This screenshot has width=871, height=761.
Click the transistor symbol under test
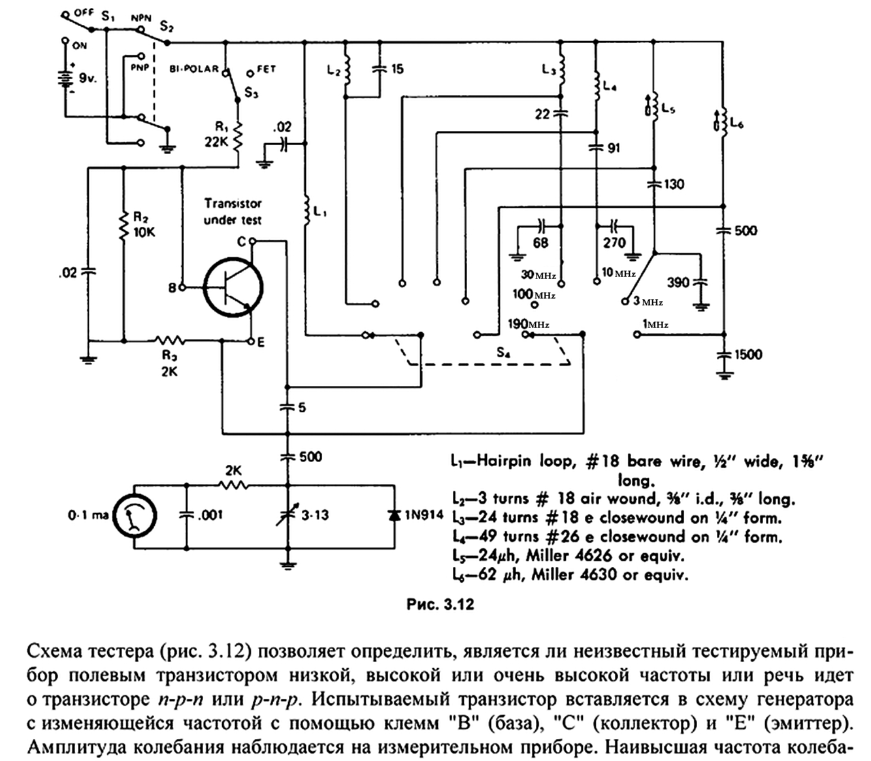tap(233, 287)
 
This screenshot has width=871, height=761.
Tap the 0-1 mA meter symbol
tap(135, 515)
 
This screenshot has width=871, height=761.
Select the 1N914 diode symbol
tap(394, 515)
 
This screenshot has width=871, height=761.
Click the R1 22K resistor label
tap(217, 135)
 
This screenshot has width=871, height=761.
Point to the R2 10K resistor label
tap(144, 224)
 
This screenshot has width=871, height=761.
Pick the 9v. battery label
tap(88, 78)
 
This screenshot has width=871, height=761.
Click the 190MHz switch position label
tap(528, 324)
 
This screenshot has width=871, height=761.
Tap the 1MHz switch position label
tap(655, 324)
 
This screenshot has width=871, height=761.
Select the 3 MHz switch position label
tap(648, 301)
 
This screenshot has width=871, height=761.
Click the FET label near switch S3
tap(267, 69)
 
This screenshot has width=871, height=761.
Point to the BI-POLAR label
tap(194, 69)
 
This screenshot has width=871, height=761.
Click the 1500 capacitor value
tap(748, 354)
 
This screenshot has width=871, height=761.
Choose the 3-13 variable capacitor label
tap(315, 515)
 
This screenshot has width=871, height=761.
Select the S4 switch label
tap(503, 353)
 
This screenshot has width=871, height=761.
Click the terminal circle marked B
tap(182, 288)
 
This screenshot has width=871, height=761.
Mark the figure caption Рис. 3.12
tap(440, 605)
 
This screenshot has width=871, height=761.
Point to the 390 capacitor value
tap(678, 282)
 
